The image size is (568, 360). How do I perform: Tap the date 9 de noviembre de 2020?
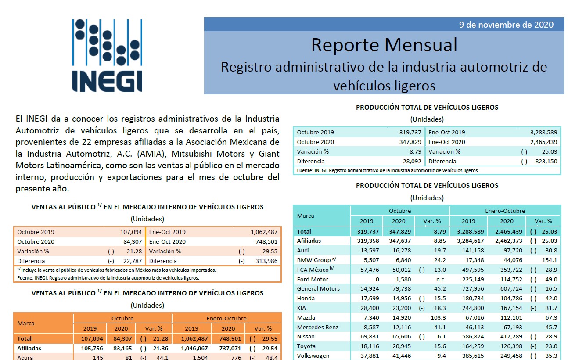506,25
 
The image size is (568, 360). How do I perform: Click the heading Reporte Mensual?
384,45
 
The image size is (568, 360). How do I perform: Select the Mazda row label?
307,317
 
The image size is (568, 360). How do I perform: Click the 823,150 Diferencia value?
545,161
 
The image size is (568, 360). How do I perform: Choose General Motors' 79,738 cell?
398,289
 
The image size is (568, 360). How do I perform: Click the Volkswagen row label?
313,356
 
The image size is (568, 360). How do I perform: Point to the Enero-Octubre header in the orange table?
226,318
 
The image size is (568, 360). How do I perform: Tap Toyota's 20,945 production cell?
398,346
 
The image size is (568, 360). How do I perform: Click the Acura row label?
25,357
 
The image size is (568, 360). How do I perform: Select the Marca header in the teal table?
306,216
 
